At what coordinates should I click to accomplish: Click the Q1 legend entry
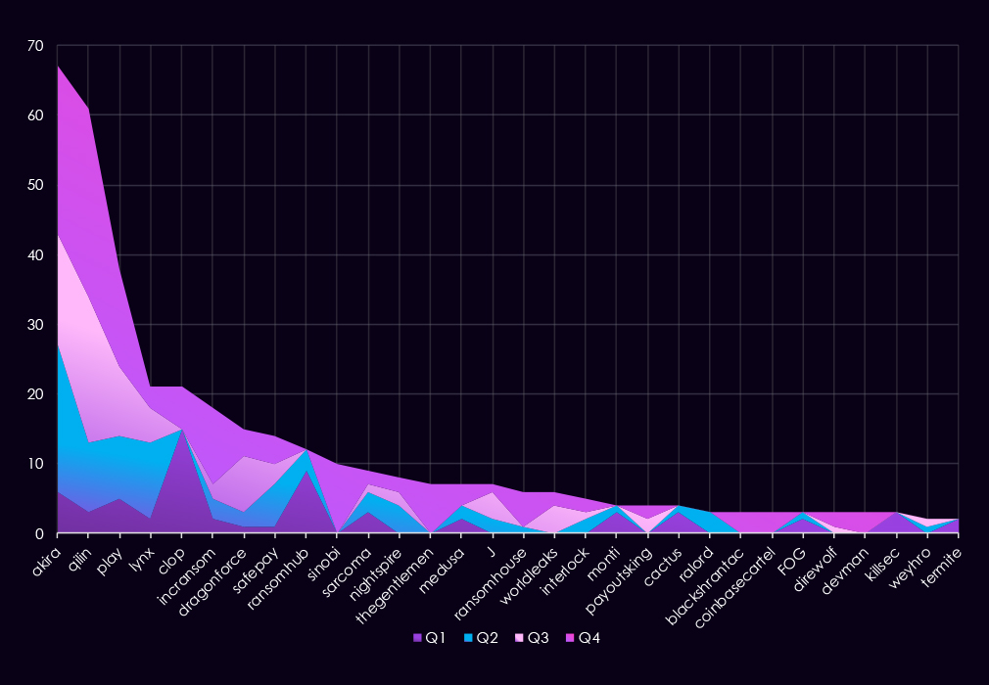[x=429, y=638]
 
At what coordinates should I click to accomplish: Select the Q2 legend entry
[x=481, y=638]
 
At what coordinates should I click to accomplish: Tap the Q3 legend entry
[x=533, y=638]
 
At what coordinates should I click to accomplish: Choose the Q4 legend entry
[x=584, y=638]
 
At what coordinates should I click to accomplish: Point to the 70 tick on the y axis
[x=36, y=46]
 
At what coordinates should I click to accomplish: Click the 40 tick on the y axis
[x=36, y=255]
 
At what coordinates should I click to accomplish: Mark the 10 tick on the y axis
[x=36, y=464]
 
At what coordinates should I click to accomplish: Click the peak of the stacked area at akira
[x=59, y=66]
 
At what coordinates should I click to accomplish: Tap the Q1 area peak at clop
[x=182, y=429]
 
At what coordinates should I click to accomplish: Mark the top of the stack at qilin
[x=89, y=108]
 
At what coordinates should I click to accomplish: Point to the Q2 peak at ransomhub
[x=306, y=450]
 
